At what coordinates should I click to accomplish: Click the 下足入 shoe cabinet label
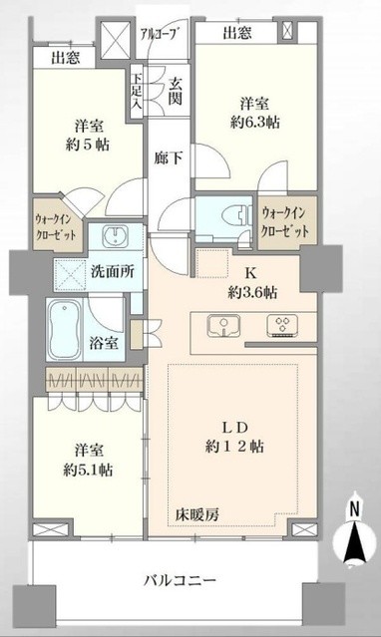tap(138, 91)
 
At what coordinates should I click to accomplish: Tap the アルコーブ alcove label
tap(161, 32)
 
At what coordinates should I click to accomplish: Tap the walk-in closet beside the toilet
tap(284, 220)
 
